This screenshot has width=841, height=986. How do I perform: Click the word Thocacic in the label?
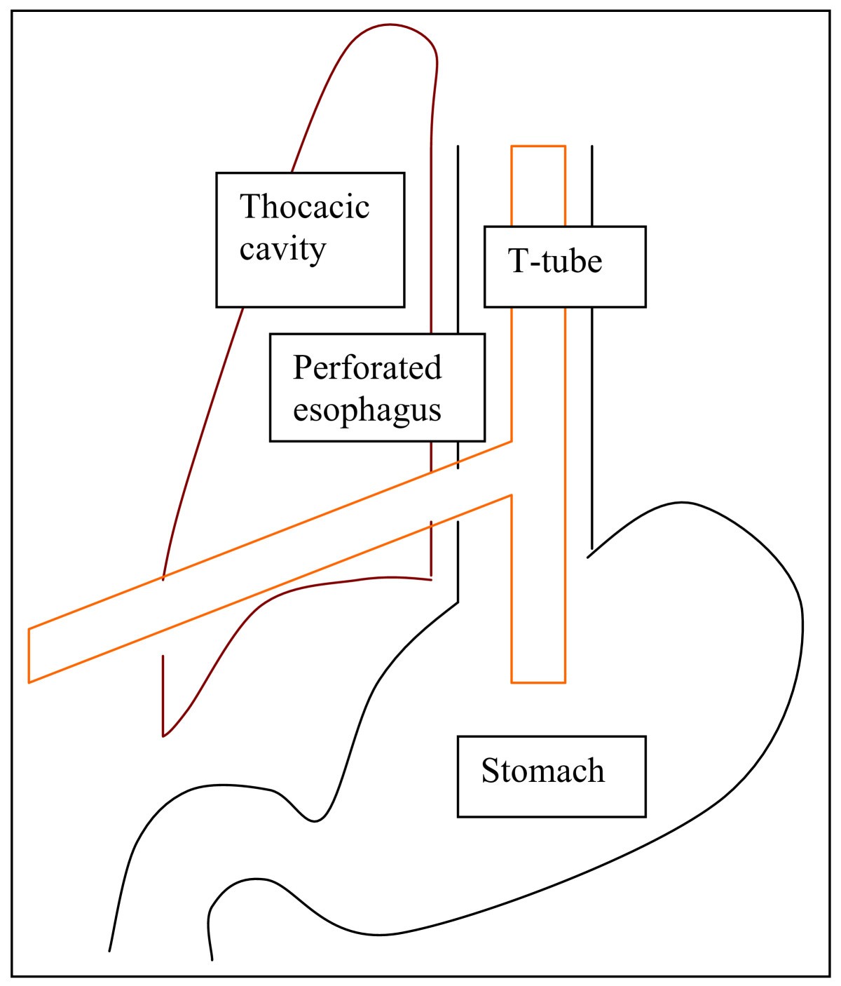pyautogui.click(x=304, y=207)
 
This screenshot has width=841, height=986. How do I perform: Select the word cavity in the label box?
pyautogui.click(x=282, y=249)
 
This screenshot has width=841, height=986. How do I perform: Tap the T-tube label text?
pyautogui.click(x=554, y=262)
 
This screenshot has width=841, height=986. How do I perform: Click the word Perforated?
pyautogui.click(x=367, y=367)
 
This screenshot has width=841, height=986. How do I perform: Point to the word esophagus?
pyautogui.click(x=367, y=410)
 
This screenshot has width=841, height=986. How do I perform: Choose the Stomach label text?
pyautogui.click(x=542, y=771)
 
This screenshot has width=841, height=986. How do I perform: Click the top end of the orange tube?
pyautogui.click(x=538, y=147)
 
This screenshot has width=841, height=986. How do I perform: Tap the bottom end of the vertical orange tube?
pyautogui.click(x=538, y=682)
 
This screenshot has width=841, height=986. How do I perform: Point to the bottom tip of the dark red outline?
pyautogui.click(x=163, y=736)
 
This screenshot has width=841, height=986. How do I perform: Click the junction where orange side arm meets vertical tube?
pyautogui.click(x=512, y=468)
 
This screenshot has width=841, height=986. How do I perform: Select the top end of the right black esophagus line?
pyautogui.click(x=592, y=147)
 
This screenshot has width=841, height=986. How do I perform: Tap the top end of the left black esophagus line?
pyautogui.click(x=458, y=147)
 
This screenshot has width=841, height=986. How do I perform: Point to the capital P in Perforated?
pyautogui.click(x=301, y=367)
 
